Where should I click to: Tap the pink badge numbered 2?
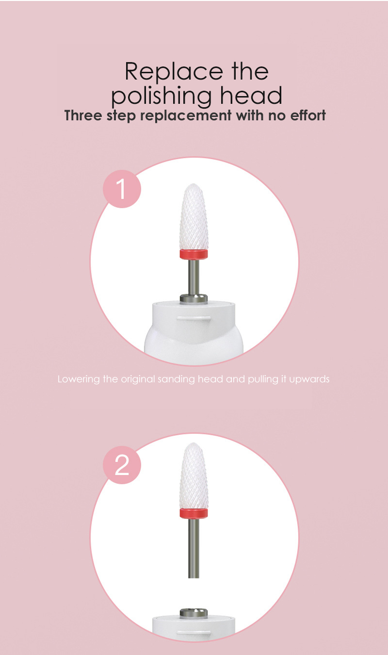(122, 465)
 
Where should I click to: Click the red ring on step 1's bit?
(194, 255)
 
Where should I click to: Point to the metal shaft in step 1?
(194, 277)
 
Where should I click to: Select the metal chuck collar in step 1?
(194, 298)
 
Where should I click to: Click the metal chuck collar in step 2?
(194, 613)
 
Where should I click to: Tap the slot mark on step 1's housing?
(194, 318)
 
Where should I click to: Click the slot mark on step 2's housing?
(194, 632)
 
